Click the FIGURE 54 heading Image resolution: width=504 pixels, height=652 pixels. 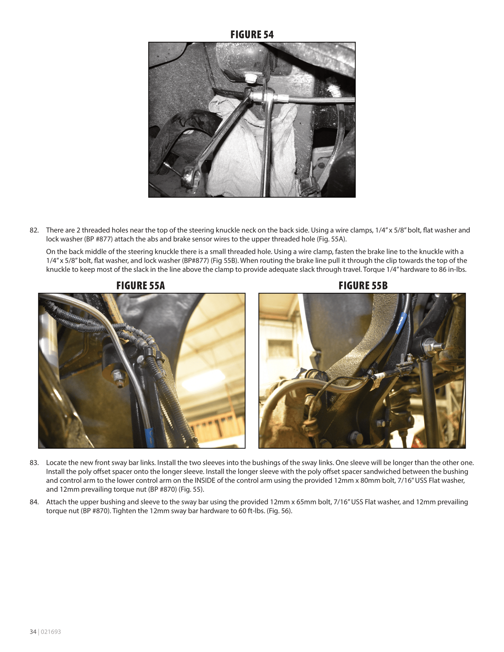pyautogui.click(x=252, y=35)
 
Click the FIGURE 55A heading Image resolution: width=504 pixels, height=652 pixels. pyautogui.click(x=140, y=286)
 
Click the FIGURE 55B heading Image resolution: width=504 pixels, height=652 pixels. pyautogui.click(x=363, y=286)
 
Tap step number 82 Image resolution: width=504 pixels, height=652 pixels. pyautogui.click(x=34, y=230)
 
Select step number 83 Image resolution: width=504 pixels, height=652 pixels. pyautogui.click(x=34, y=463)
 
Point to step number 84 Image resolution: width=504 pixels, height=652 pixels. pyautogui.click(x=34, y=502)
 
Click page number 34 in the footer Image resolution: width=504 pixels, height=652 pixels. pyautogui.click(x=33, y=632)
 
